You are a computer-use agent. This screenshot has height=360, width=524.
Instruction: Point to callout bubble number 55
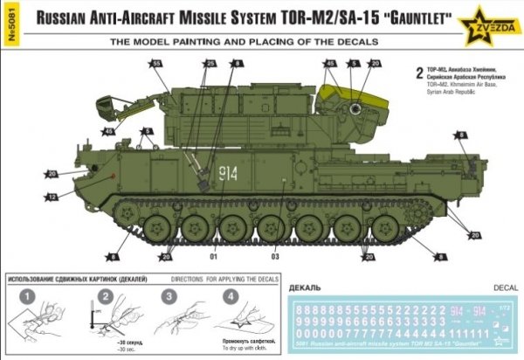(x=156, y=64)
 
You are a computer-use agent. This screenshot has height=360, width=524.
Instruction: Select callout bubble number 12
(x=52, y=198)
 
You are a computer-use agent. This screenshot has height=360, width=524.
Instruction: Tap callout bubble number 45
(x=330, y=64)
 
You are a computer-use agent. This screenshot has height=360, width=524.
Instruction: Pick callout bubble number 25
(x=210, y=64)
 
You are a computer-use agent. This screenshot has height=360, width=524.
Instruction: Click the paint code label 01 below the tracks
(x=212, y=257)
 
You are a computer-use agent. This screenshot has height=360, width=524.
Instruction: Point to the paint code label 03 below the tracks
(x=274, y=257)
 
